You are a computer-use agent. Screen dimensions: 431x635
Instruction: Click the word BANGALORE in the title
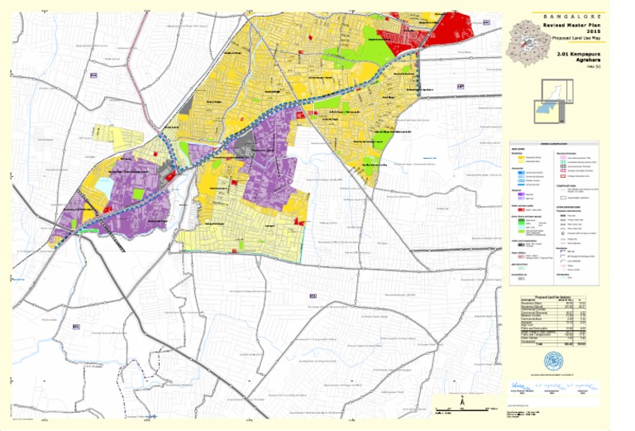click(x=571, y=17)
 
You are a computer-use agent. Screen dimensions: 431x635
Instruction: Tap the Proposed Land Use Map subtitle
click(x=571, y=38)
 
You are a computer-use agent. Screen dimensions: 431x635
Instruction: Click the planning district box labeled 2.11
click(x=313, y=295)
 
